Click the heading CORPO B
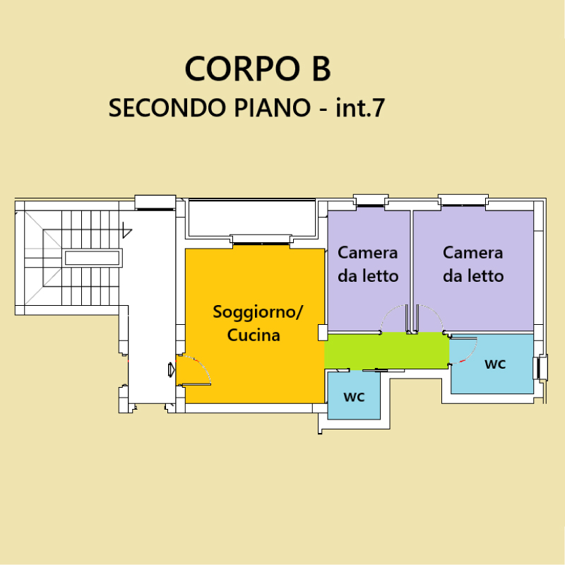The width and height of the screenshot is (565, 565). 258,69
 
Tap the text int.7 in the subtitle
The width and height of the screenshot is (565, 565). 360,107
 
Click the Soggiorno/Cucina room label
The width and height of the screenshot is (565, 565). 257,323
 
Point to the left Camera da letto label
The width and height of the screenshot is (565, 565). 368,264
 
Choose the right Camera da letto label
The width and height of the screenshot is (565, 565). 473,264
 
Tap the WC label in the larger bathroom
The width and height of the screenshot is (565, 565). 495,364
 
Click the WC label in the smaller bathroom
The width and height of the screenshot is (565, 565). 355,397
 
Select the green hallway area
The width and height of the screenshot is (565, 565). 386,350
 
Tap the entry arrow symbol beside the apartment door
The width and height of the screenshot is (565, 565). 172,369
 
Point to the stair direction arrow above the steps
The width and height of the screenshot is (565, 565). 127,230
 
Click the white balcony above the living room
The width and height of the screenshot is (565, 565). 252,219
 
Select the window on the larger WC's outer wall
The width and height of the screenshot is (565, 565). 540,367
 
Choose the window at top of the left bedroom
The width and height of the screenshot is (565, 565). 370,201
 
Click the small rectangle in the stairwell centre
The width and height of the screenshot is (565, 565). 92,258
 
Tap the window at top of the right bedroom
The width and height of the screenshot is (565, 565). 463,201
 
